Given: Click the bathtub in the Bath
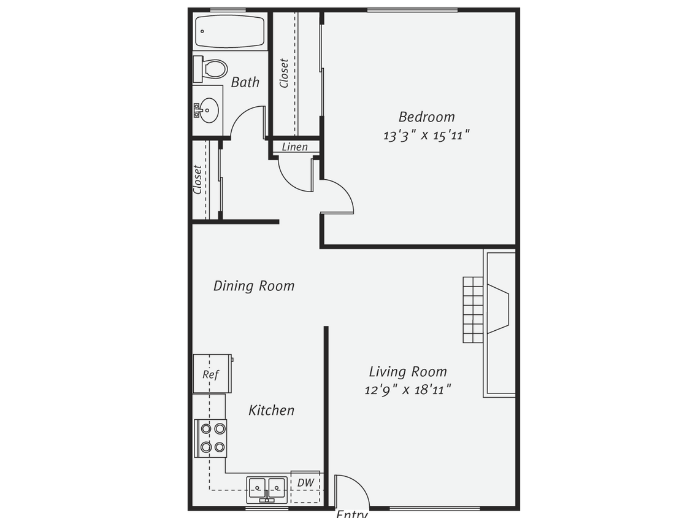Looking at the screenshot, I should pyautogui.click(x=229, y=32).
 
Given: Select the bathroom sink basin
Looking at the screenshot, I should pyautogui.click(x=209, y=111).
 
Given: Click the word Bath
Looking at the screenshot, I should pyautogui.click(x=245, y=82).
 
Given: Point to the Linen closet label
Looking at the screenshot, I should pyautogui.click(x=295, y=147).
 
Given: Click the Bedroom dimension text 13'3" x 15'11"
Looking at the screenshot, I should pyautogui.click(x=427, y=136).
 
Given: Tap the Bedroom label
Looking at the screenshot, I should pyautogui.click(x=427, y=117).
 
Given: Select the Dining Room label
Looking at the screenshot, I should pyautogui.click(x=254, y=286).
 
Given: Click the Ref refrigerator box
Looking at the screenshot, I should pyautogui.click(x=212, y=374).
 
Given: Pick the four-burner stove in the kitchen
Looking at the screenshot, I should pyautogui.click(x=210, y=438).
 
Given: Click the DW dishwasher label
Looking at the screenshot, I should pyautogui.click(x=305, y=483).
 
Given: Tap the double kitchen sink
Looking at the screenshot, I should pyautogui.click(x=267, y=489).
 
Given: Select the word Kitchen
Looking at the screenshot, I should pyautogui.click(x=271, y=410).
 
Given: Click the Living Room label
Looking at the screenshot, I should pyautogui.click(x=408, y=372).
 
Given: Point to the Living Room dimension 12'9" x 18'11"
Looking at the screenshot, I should pyautogui.click(x=408, y=389).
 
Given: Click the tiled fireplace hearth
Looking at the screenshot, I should pyautogui.click(x=474, y=310).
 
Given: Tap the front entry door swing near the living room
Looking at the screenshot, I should pyautogui.click(x=352, y=491).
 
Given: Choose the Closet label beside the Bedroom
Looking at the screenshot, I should pyautogui.click(x=284, y=73).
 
